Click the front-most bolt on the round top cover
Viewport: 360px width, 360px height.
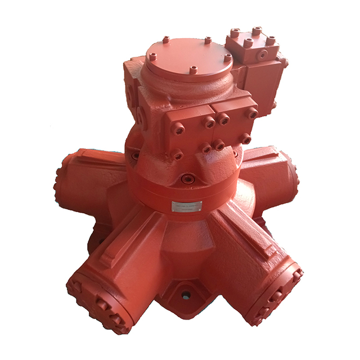[193, 70]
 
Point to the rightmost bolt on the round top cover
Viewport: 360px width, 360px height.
[227, 58]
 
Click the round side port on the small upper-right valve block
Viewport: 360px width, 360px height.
[262, 55]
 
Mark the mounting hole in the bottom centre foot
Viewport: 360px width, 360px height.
[186, 294]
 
